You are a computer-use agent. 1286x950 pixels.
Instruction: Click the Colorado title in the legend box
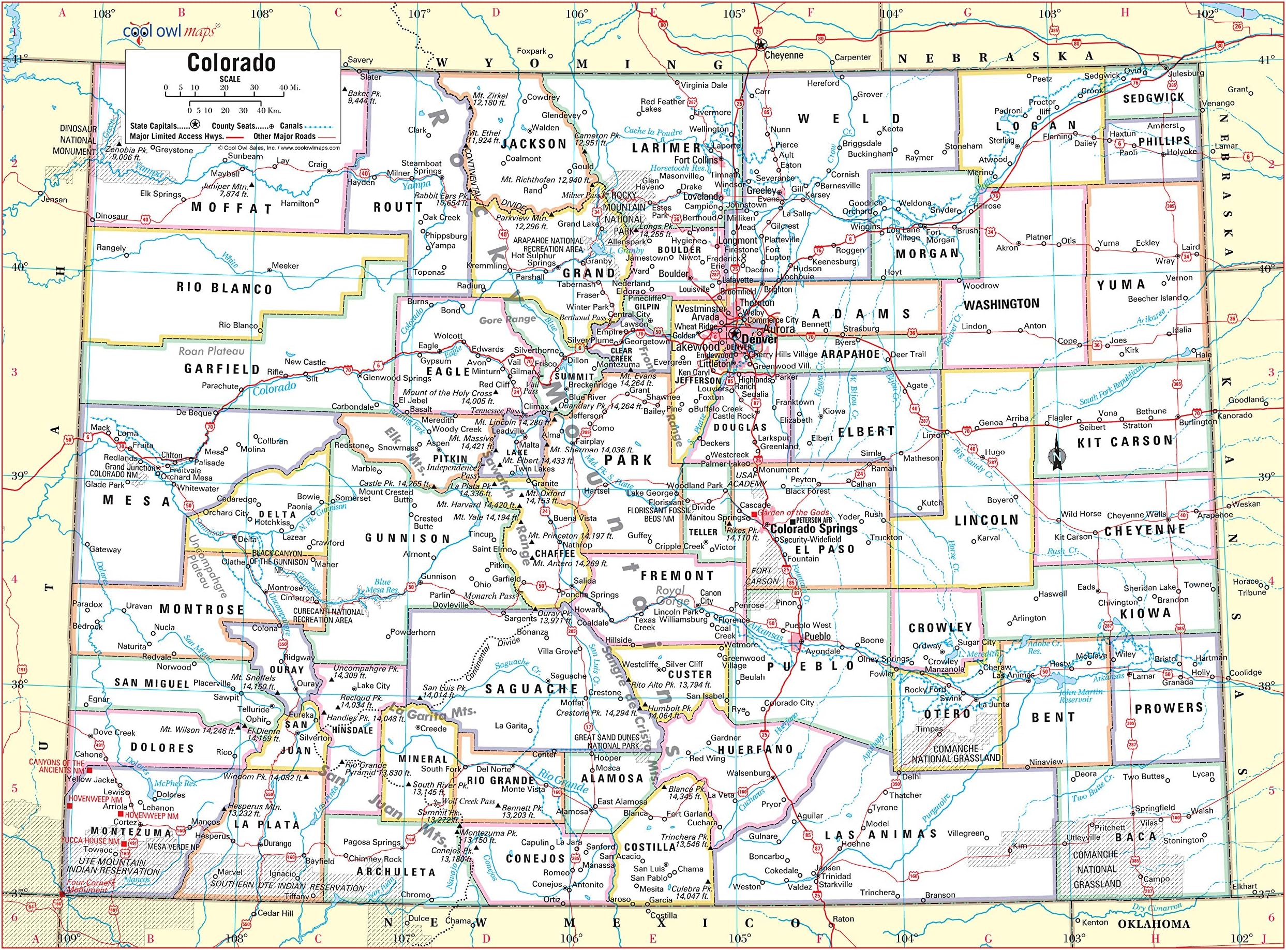click(231, 63)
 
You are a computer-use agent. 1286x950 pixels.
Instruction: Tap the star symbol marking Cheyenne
click(760, 45)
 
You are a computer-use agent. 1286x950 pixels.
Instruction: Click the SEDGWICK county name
click(1154, 98)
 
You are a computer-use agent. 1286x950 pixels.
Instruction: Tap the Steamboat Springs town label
click(422, 167)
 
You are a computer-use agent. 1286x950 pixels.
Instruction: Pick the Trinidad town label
click(836, 877)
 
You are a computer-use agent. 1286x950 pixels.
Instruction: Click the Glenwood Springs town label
click(397, 378)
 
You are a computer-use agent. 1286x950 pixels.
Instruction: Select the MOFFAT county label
click(232, 207)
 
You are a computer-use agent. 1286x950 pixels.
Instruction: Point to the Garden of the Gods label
click(792, 512)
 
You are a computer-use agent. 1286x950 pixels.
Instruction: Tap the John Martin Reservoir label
click(1075, 696)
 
